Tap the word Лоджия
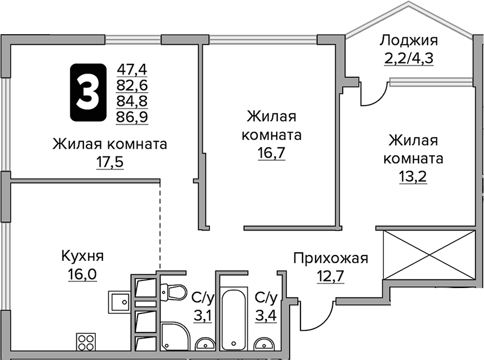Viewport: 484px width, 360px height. point(408,40)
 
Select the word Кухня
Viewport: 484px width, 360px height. point(82,257)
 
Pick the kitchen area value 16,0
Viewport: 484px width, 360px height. point(82,274)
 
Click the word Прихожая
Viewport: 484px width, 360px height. point(330,258)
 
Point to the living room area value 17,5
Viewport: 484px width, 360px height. point(110,162)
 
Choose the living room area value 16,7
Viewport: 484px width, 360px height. point(272,153)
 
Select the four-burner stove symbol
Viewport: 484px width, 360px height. point(85,342)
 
